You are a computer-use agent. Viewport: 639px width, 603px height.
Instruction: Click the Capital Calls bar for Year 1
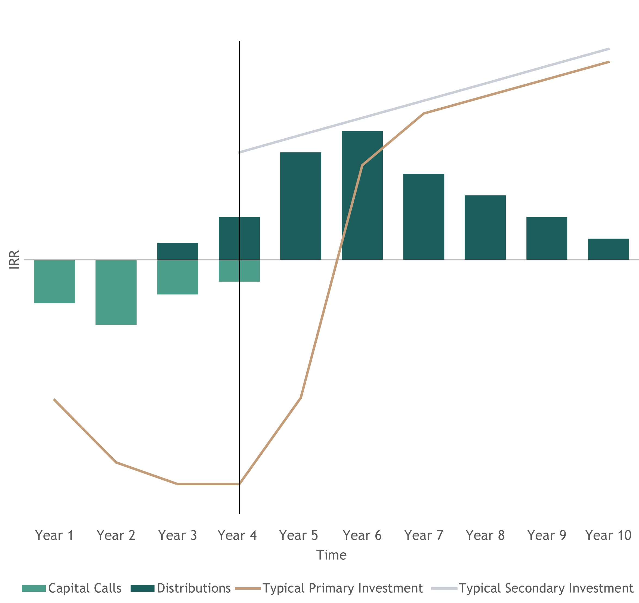55,282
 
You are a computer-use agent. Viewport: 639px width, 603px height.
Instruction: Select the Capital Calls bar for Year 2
116,293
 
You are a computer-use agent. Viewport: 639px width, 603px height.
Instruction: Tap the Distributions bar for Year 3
178,251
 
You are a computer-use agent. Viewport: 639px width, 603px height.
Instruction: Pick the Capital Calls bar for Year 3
178,277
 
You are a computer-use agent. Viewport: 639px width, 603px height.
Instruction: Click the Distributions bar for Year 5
301,206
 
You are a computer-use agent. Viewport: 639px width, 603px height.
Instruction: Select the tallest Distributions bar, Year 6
362,195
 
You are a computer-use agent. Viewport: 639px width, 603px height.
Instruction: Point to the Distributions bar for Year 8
485,227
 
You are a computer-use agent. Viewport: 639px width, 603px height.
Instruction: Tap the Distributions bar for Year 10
609,249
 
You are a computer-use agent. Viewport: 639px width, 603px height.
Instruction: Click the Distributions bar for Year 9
547,238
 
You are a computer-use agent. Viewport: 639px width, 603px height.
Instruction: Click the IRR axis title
14,259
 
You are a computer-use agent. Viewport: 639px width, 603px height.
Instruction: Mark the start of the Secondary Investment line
239,153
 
